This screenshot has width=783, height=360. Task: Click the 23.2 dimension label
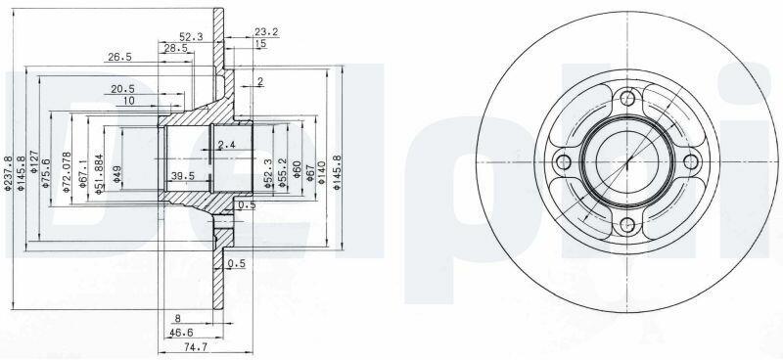pyautogui.click(x=266, y=32)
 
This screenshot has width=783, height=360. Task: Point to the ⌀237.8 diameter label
pyautogui.click(x=8, y=173)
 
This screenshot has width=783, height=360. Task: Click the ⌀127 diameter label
pyautogui.click(x=34, y=161)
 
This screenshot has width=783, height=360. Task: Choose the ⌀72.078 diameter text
pyautogui.click(x=66, y=171)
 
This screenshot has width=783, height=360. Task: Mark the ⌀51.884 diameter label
pyautogui.click(x=99, y=173)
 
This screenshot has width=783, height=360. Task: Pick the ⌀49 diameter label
pyautogui.click(x=116, y=174)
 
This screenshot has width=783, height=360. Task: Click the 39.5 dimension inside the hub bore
pyautogui.click(x=183, y=176)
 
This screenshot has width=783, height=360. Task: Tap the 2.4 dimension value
pyautogui.click(x=226, y=145)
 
